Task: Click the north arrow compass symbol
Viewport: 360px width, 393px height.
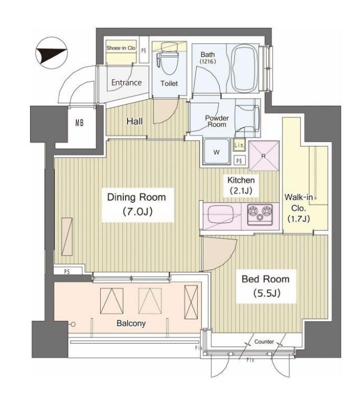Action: pyautogui.click(x=52, y=53)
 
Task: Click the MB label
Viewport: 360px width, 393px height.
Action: pyautogui.click(x=80, y=123)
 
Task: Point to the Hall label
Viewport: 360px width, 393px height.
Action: pyautogui.click(x=134, y=122)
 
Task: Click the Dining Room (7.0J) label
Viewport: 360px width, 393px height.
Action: pyautogui.click(x=137, y=204)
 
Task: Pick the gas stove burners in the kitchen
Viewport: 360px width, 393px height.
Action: pyautogui.click(x=260, y=214)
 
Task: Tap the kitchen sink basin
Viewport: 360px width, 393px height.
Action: pyautogui.click(x=220, y=214)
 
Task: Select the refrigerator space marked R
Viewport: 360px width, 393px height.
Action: pyautogui.click(x=264, y=155)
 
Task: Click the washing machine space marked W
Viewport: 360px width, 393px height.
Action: pyautogui.click(x=217, y=152)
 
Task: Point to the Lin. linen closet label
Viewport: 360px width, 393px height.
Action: pyautogui.click(x=239, y=145)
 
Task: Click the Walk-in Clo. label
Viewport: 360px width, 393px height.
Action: pyautogui.click(x=298, y=208)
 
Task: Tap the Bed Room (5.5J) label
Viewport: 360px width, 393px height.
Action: pyautogui.click(x=266, y=286)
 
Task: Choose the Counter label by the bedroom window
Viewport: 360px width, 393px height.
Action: pyautogui.click(x=264, y=341)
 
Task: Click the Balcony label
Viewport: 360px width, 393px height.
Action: pyautogui.click(x=131, y=323)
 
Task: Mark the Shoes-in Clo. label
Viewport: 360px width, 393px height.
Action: pyautogui.click(x=121, y=48)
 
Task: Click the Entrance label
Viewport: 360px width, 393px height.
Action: pyautogui.click(x=127, y=83)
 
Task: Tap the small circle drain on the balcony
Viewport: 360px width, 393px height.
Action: pyautogui.click(x=73, y=325)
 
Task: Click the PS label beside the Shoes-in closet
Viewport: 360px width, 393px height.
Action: pyautogui.click(x=144, y=51)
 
